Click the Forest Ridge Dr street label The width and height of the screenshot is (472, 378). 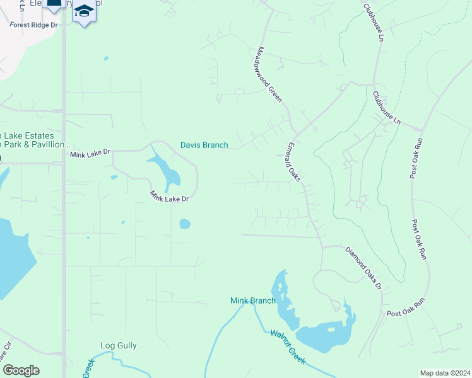click(x=33, y=25)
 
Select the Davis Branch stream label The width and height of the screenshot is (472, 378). click(x=204, y=145)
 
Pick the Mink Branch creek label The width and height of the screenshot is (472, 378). click(x=252, y=301)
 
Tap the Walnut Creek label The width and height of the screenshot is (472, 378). click(x=288, y=347)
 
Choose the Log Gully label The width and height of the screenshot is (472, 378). click(x=119, y=345)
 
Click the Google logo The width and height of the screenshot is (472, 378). click(x=21, y=370)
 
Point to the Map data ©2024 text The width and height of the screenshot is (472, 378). click(x=444, y=373)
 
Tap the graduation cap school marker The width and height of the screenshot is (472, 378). click(x=83, y=11)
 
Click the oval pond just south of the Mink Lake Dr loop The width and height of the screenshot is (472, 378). click(x=184, y=223)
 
